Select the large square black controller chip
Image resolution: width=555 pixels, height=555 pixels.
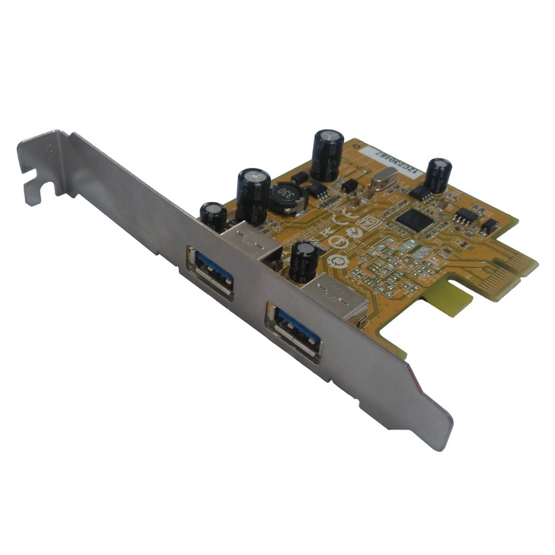click(x=413, y=221)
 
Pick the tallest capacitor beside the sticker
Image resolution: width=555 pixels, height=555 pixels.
click(x=327, y=154)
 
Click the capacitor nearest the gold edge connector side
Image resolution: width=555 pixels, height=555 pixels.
click(x=438, y=174)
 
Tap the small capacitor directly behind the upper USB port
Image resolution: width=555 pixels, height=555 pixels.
click(x=214, y=216)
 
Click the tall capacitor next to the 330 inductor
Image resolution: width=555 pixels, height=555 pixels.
click(x=253, y=195)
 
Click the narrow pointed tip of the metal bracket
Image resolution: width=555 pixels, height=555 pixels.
click(x=440, y=434)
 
